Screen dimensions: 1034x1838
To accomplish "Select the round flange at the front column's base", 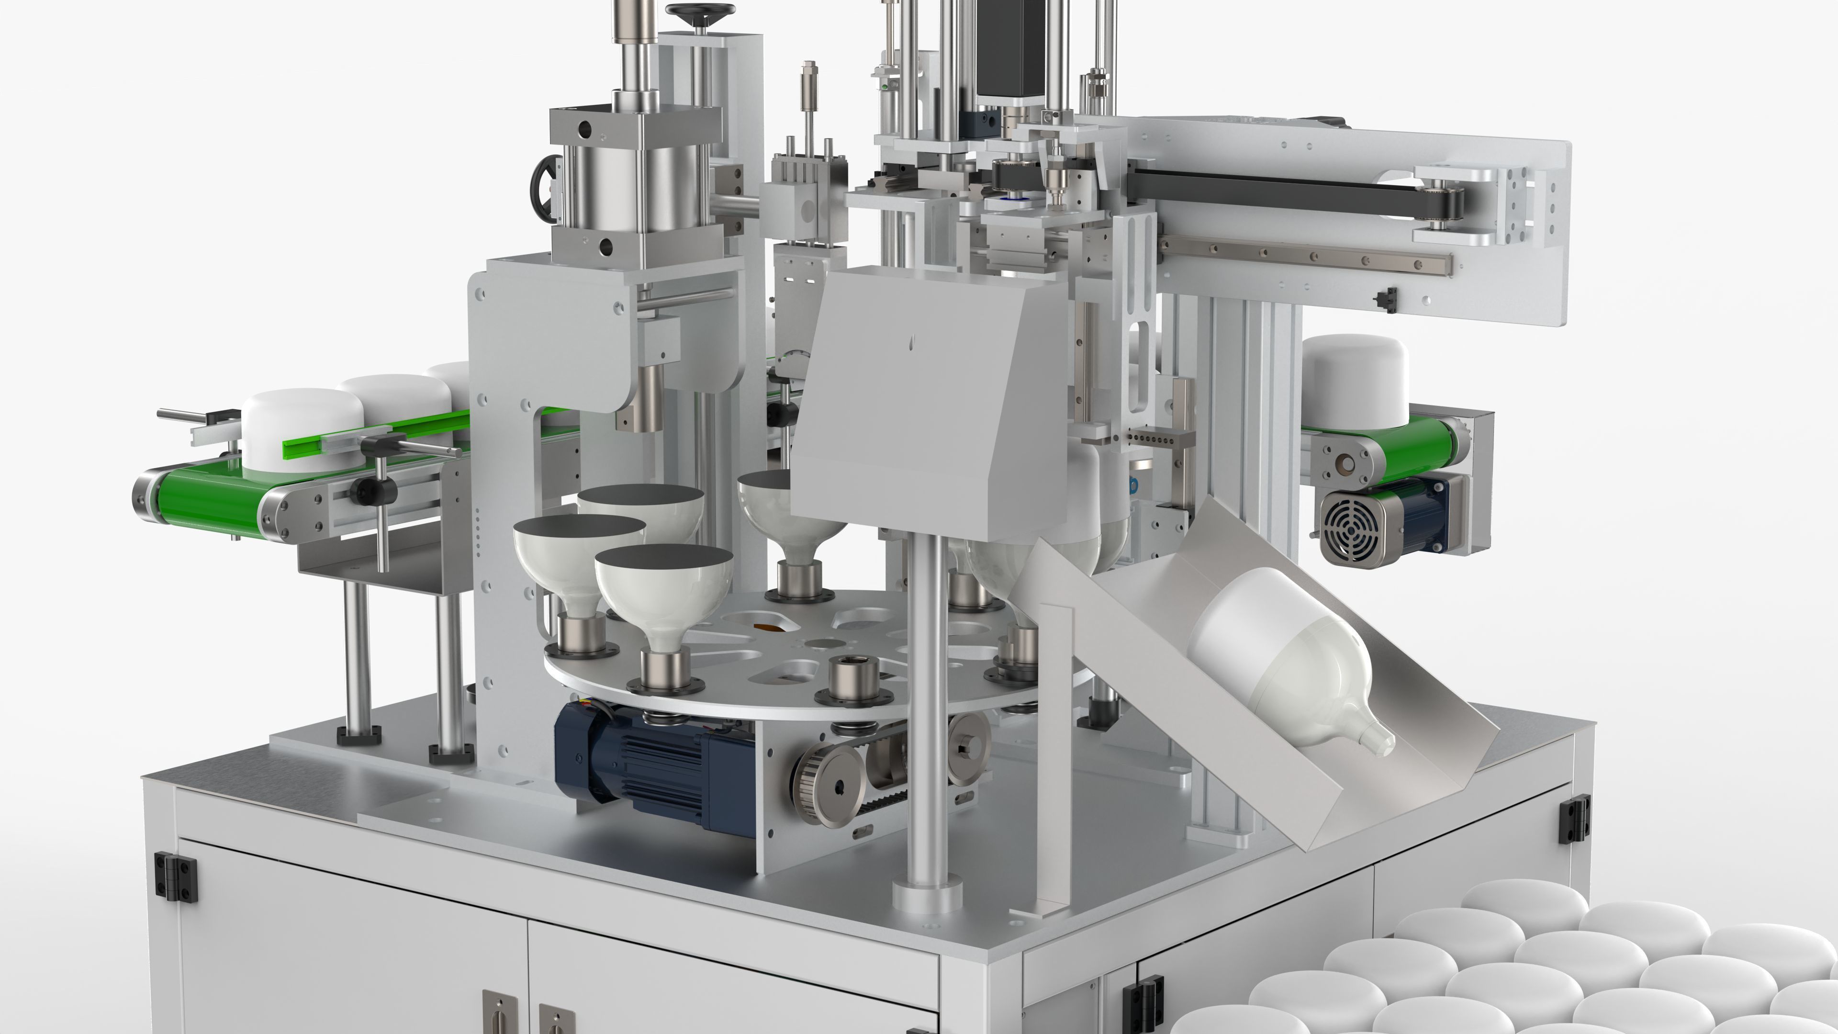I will [x=928, y=896].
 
